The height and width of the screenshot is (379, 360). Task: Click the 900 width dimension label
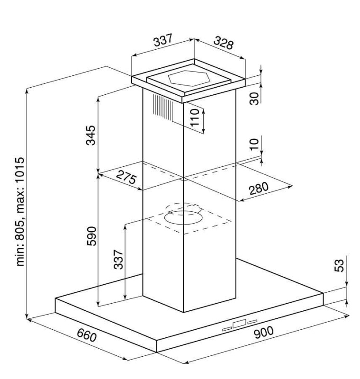click(x=263, y=333)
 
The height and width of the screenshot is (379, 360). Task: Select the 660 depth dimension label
click(x=87, y=335)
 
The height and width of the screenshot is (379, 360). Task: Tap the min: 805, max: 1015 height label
click(x=20, y=212)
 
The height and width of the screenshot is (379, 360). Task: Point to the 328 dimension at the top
click(x=224, y=43)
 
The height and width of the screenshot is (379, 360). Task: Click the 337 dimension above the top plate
click(x=163, y=40)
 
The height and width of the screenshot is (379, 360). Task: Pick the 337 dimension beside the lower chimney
click(x=118, y=260)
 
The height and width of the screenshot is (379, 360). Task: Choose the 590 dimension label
click(x=91, y=236)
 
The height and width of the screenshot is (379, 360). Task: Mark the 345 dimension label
click(x=91, y=135)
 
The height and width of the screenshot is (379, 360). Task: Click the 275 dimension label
click(x=126, y=177)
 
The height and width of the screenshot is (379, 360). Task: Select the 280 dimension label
click(x=259, y=189)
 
